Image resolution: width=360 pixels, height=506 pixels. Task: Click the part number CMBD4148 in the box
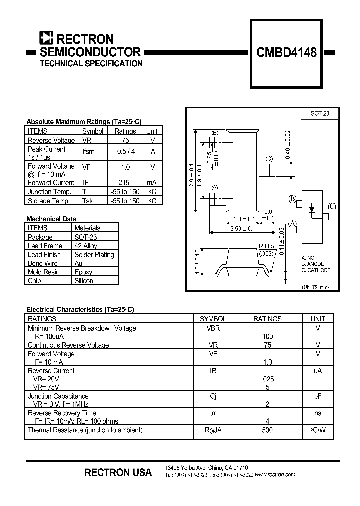(286, 52)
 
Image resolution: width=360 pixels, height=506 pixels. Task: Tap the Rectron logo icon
(46, 38)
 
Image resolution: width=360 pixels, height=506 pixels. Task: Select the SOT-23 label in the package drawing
(320, 114)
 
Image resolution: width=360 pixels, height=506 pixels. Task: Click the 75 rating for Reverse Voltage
(125, 140)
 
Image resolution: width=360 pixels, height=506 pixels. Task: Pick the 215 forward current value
(125, 183)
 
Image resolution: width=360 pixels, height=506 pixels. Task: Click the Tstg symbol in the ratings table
(89, 201)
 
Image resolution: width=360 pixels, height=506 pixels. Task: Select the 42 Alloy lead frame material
(86, 246)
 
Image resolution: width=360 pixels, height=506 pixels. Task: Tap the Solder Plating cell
(94, 254)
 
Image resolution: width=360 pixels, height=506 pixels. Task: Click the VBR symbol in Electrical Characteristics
(213, 328)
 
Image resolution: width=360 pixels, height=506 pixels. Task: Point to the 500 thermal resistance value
(267, 430)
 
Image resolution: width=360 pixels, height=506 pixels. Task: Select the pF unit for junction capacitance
(318, 396)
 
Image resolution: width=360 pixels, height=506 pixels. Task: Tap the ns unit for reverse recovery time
(318, 413)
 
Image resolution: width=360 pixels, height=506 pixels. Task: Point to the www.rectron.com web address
(275, 474)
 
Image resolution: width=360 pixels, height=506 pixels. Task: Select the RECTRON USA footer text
(118, 472)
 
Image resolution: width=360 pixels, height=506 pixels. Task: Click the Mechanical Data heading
(51, 219)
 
